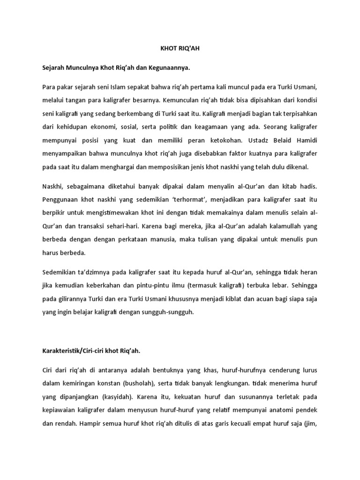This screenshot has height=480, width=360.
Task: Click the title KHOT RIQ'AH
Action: point(180,47)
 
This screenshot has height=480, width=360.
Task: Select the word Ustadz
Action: point(252,139)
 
